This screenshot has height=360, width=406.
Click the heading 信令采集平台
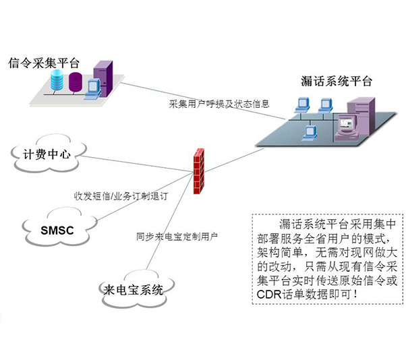(42, 63)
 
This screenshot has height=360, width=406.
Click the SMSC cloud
(57, 229)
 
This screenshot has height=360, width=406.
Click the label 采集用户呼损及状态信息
(219, 104)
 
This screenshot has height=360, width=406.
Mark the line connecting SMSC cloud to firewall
(142, 202)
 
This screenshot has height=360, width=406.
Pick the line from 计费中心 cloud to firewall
(135, 164)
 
